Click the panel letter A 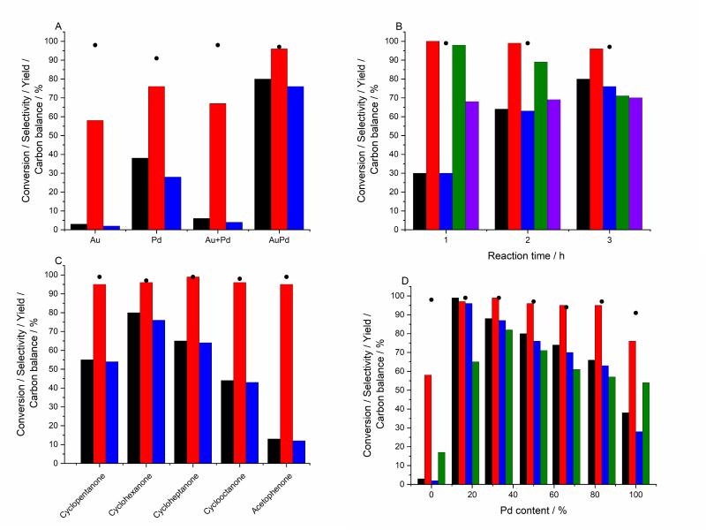point(58,26)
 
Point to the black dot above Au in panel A point(94,45)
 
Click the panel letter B point(399,26)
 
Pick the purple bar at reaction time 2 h point(553,164)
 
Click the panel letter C point(58,261)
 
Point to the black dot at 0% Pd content point(432,299)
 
